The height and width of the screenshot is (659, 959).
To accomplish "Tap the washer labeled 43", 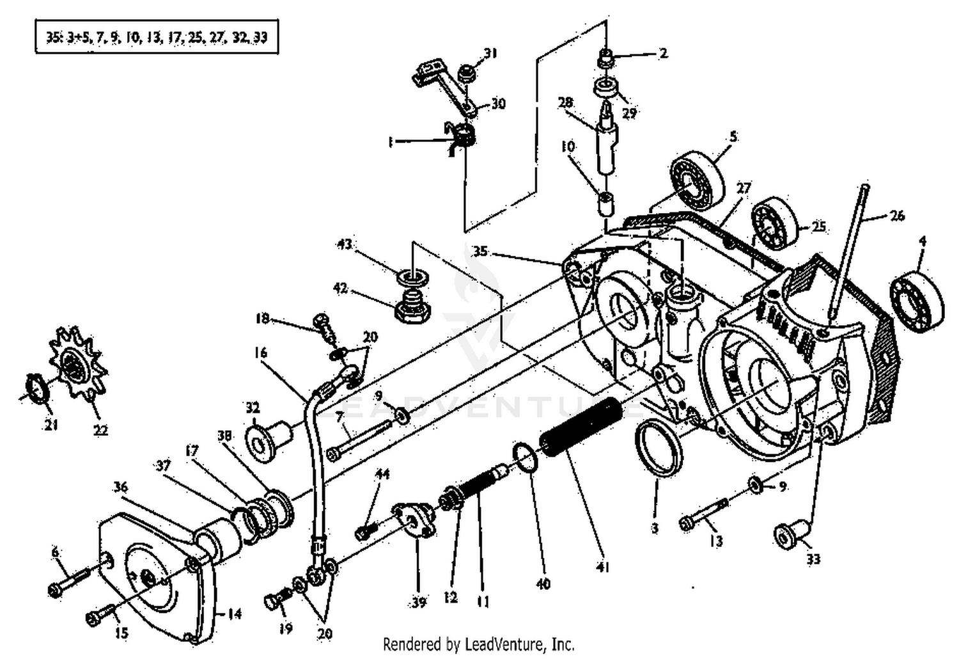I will pyautogui.click(x=414, y=278).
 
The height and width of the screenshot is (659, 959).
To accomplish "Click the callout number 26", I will pyautogui.click(x=897, y=216).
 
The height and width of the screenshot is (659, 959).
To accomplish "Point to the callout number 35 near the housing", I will pyautogui.click(x=479, y=251).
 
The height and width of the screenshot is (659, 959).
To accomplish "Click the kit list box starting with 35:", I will pyautogui.click(x=157, y=37).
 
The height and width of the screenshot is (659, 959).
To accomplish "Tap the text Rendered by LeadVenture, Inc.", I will pyautogui.click(x=478, y=643).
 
